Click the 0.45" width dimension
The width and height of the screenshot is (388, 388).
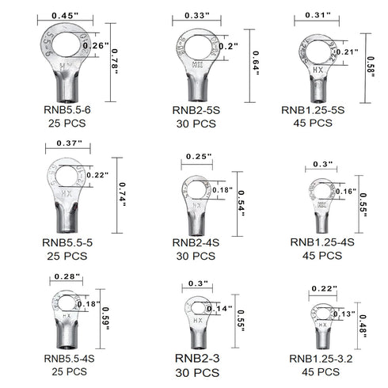tap(65, 16)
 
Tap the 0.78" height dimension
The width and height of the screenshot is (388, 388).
tap(115, 62)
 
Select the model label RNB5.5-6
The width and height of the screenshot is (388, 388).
tap(67, 110)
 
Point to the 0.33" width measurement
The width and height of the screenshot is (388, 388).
tap(197, 16)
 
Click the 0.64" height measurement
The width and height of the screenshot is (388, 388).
tap(256, 63)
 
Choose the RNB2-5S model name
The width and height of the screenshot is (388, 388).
tap(196, 110)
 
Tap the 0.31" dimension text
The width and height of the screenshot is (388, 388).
tap(318, 15)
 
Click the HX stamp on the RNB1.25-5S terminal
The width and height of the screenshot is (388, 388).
tap(318, 70)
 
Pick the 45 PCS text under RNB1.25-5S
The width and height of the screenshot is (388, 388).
tap(313, 123)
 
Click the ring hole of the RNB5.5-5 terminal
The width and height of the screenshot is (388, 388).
tap(67, 177)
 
